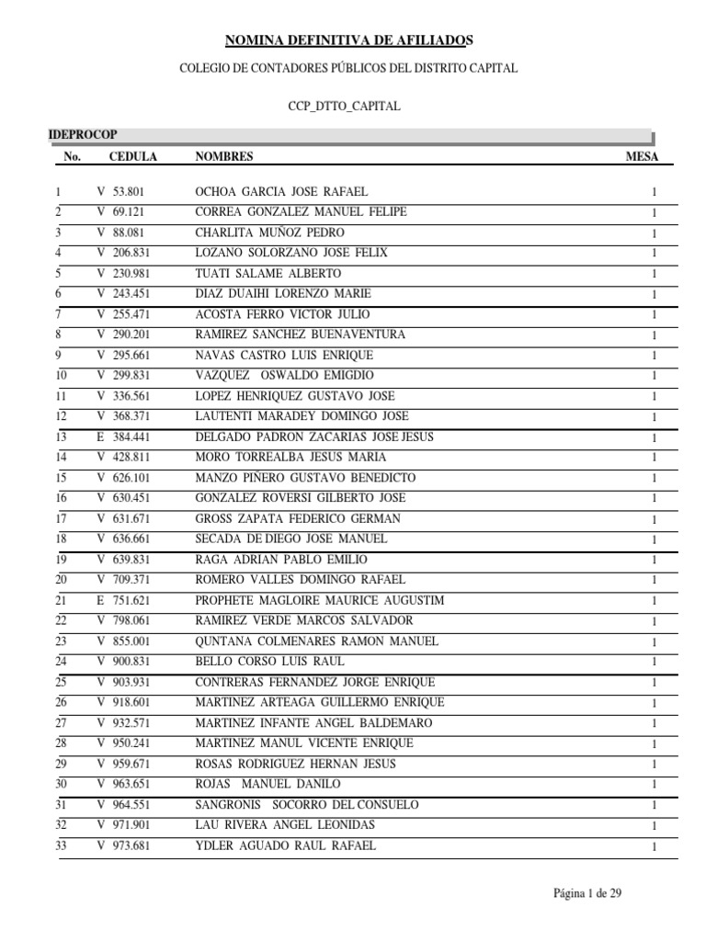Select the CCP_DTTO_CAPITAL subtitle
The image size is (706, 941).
345,107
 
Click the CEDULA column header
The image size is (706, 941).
133,157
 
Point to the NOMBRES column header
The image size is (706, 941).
224,157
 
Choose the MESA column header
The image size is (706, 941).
642,157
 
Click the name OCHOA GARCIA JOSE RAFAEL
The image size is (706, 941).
281,192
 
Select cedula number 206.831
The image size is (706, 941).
130,253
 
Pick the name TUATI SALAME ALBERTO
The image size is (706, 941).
268,274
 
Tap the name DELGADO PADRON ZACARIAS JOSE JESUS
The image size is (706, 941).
314,436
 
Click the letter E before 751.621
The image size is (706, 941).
100,600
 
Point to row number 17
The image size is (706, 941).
61,518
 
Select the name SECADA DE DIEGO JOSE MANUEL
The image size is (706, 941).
291,539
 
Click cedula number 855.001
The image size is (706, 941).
130,641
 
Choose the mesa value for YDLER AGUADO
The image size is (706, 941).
654,846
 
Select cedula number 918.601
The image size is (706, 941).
130,702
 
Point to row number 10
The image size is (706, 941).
61,376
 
